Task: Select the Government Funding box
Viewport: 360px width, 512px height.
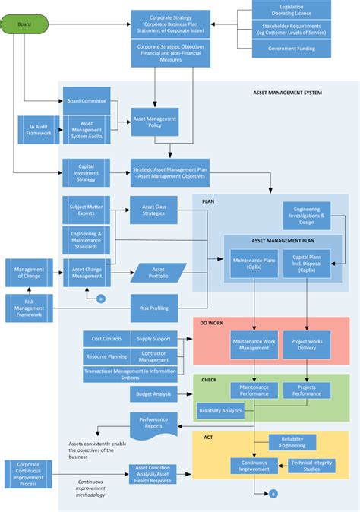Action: (x=292, y=49)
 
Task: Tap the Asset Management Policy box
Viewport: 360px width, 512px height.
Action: (x=155, y=122)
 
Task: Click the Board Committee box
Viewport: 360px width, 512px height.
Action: (x=86, y=101)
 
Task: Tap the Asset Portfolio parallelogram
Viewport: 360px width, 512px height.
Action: (x=158, y=273)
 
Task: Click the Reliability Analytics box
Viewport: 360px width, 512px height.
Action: (x=220, y=411)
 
